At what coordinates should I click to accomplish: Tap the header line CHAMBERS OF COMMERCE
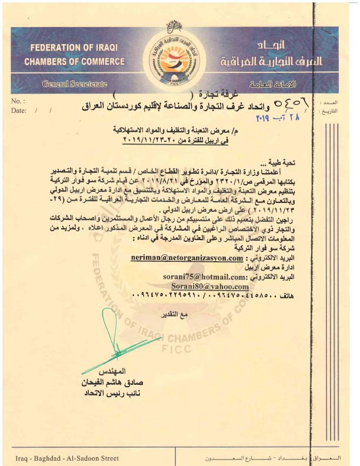(74, 62)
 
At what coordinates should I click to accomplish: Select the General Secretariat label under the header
(75, 84)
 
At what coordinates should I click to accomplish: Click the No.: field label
(18, 101)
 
